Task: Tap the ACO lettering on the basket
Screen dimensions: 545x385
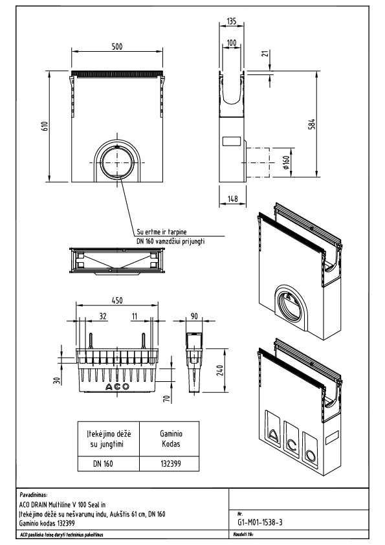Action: click(x=117, y=386)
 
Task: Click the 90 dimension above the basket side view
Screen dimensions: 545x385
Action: click(x=194, y=318)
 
